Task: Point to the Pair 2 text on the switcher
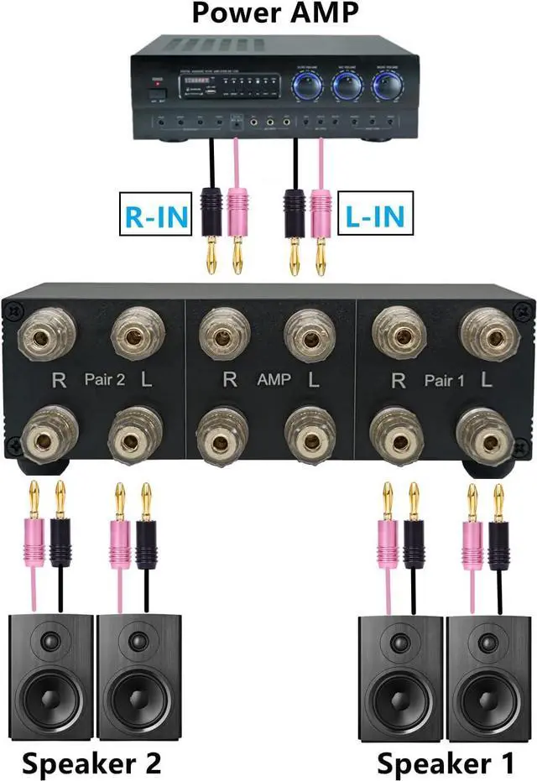point(103,379)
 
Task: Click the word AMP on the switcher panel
point(274,379)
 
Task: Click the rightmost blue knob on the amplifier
point(387,86)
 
